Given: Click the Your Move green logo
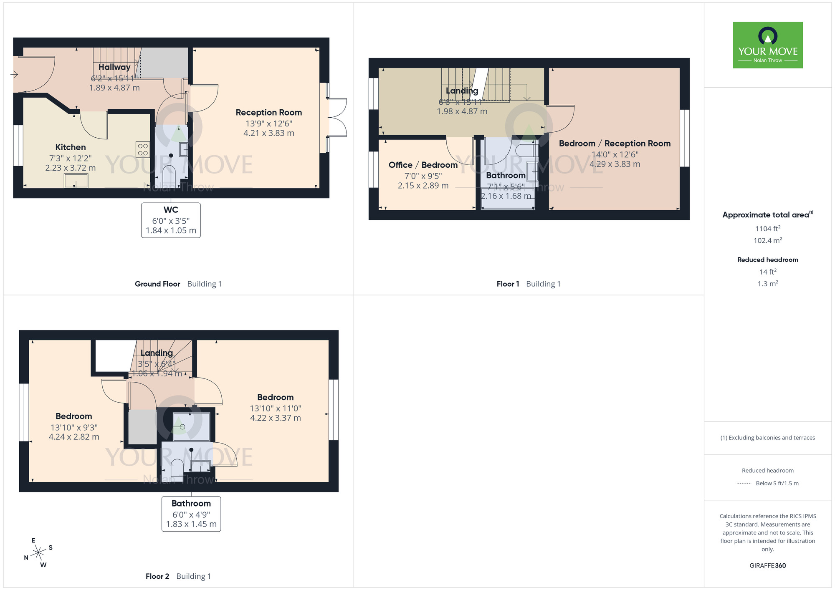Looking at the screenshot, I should click(767, 45).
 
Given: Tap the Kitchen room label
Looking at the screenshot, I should click(71, 147).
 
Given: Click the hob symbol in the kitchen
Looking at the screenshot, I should click(143, 150).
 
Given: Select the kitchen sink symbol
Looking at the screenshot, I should click(76, 181).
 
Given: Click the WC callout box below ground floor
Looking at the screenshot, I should click(171, 220).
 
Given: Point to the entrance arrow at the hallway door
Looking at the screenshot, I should click(14, 75).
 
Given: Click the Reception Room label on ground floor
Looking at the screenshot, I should click(268, 113).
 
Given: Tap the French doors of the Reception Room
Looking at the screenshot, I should click(337, 118).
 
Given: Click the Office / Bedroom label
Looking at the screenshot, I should click(423, 165).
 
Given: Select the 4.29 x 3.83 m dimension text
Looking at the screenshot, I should click(615, 164).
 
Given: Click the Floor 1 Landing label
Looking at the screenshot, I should click(462, 91).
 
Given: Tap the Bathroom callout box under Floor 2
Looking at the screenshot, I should click(191, 514).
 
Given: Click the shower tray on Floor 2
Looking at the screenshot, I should click(191, 426).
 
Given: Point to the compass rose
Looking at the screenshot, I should click(38, 553).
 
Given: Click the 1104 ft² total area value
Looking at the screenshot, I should click(767, 229).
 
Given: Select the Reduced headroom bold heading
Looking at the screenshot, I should click(767, 260).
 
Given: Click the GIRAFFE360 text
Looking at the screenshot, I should click(767, 566).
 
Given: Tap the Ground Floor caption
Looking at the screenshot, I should click(157, 284).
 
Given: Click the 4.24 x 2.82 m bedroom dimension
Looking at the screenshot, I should click(74, 437).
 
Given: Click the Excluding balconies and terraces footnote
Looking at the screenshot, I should click(767, 438).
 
